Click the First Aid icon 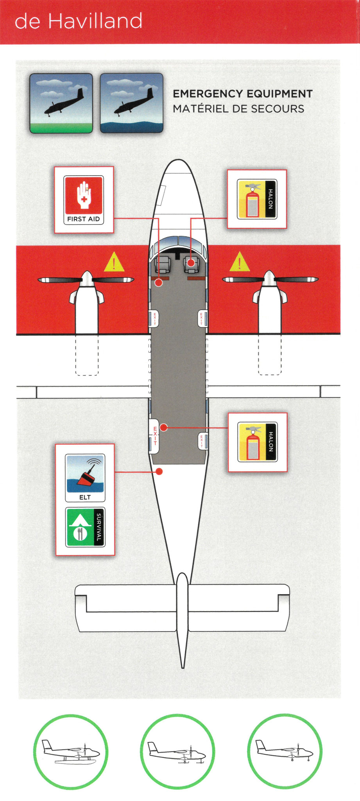point(84,200)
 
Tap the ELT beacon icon point(85,478)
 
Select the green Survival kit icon point(85,527)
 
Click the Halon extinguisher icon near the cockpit point(257,199)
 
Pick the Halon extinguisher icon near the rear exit point(258,442)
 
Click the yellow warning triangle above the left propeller point(114,262)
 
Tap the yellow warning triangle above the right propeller point(240,262)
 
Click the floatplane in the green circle point(71,752)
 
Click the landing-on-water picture point(131,103)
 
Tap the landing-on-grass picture point(61,103)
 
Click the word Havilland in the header point(95,21)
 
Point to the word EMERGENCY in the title point(207,94)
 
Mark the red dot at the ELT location point(159,472)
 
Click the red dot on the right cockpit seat point(191,263)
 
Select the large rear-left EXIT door point(154,436)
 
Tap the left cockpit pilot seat point(163,264)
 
